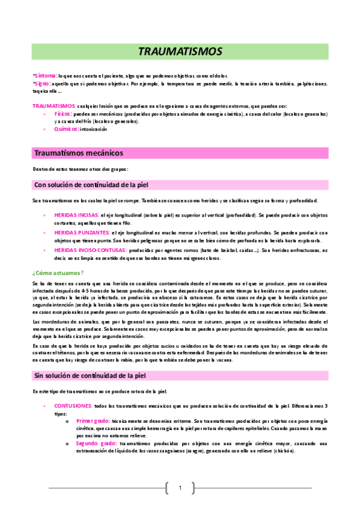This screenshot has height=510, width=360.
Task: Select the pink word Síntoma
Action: (46, 76)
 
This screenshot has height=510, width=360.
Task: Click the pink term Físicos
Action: (63, 113)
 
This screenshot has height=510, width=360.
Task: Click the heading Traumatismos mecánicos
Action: (79, 153)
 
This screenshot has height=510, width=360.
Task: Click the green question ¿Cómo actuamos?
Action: (58, 272)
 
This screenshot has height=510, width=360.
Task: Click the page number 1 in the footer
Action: (179, 488)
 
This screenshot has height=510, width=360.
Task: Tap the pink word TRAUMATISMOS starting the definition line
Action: (54, 105)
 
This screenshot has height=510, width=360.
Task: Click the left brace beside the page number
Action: (166, 488)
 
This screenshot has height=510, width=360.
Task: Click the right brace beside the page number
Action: (193, 488)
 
